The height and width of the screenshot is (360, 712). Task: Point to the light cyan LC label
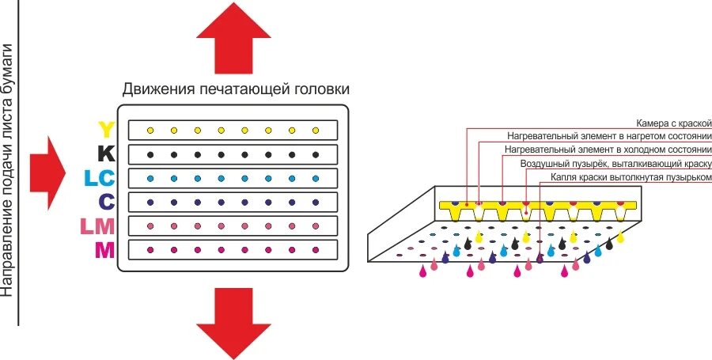(x=100, y=178)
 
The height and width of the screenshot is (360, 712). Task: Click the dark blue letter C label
(x=107, y=203)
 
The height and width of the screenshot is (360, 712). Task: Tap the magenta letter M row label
(x=104, y=251)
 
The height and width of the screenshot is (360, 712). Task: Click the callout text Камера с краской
(x=674, y=123)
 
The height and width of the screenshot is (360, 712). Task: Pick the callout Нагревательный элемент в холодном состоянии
(x=608, y=150)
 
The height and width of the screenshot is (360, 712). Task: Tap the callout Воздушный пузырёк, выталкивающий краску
(x=616, y=164)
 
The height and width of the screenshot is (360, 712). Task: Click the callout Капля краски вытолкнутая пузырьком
(x=626, y=178)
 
